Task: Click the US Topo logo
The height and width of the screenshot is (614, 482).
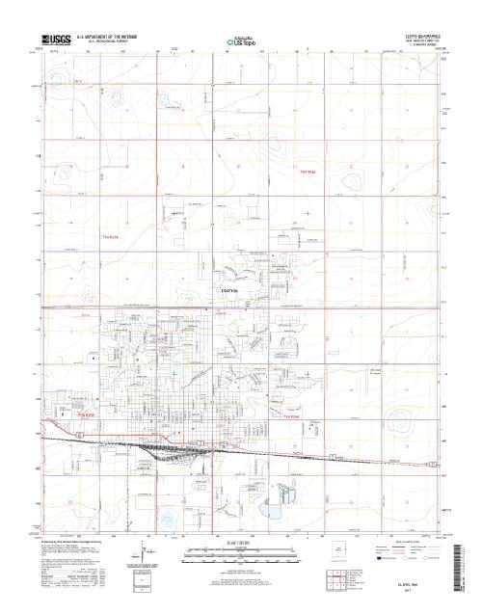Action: [x=241, y=41]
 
